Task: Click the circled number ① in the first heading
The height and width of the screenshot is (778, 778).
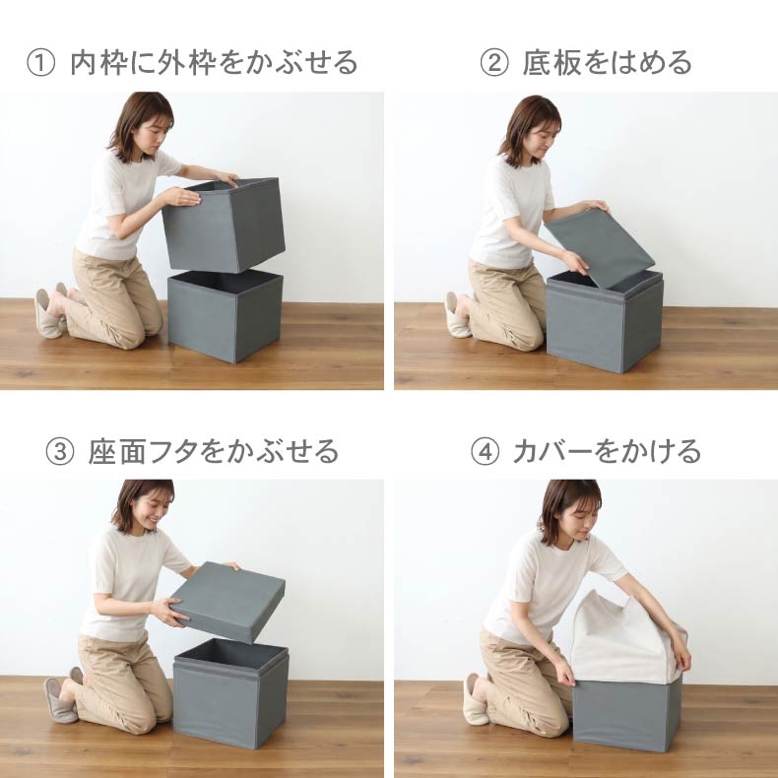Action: tap(40, 63)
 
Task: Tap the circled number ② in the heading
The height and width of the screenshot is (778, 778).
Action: tap(494, 63)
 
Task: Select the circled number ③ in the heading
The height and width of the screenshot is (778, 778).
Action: tap(59, 451)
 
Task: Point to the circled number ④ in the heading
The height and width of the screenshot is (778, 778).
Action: tap(485, 451)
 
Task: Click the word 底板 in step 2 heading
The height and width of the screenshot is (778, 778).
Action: tap(551, 63)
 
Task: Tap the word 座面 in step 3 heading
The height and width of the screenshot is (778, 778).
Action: tap(117, 451)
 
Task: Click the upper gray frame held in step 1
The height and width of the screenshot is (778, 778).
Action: tap(224, 225)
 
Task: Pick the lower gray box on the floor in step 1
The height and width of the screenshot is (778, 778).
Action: tap(226, 316)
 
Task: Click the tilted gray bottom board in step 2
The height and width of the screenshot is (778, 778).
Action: tap(600, 247)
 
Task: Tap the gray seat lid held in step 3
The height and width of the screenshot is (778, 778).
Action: tap(227, 602)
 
